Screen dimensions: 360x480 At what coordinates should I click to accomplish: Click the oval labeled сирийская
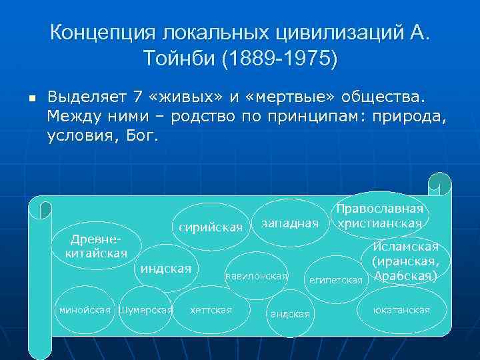pyautogui.click(x=211, y=227)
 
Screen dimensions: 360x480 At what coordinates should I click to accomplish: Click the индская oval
pyautogui.click(x=165, y=269)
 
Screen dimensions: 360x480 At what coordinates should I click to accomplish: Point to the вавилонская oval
pyautogui.click(x=257, y=275)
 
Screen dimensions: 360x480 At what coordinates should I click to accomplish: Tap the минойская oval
pyautogui.click(x=85, y=310)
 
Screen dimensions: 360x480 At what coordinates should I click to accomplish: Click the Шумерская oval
pyautogui.click(x=145, y=310)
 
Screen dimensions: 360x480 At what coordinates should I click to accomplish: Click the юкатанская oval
pyautogui.click(x=401, y=310)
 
